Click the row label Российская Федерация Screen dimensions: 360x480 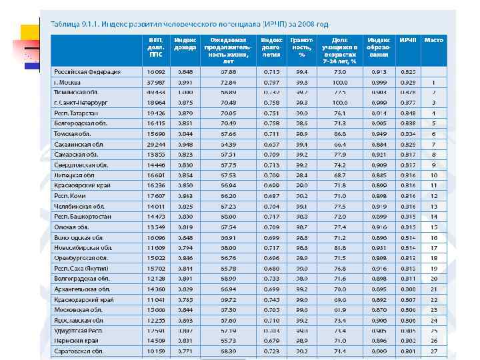click(87, 71)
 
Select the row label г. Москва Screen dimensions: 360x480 click(69, 82)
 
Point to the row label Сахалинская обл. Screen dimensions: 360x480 click(79, 144)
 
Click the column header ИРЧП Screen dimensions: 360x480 click(408, 41)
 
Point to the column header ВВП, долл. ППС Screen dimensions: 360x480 click(157, 47)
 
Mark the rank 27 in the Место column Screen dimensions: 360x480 click(433, 351)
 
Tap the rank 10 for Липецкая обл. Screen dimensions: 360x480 click(433, 175)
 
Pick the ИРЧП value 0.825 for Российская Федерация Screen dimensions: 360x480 click(408, 71)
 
